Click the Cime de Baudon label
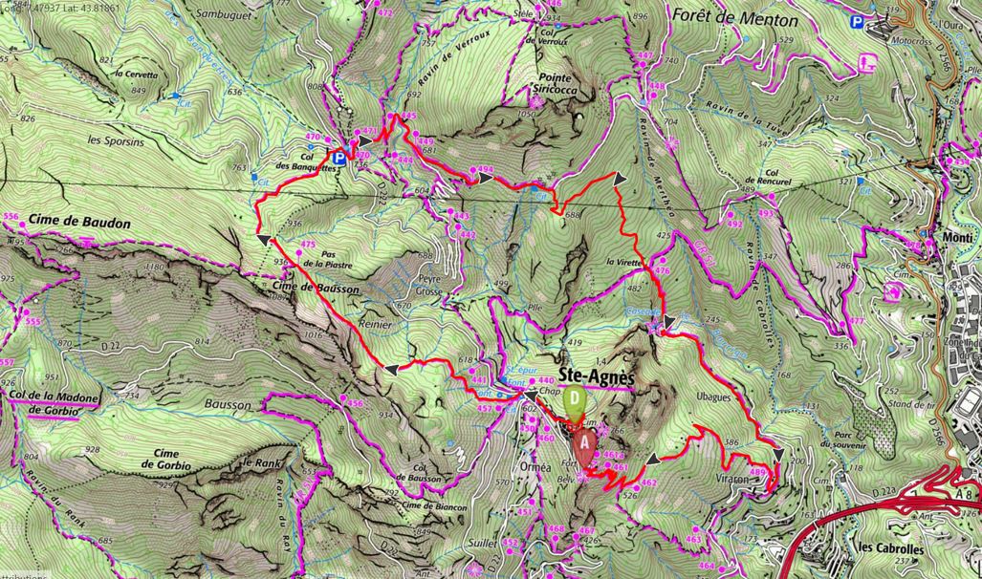point(79,223)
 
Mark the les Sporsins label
point(107,139)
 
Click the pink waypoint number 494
point(485,170)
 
